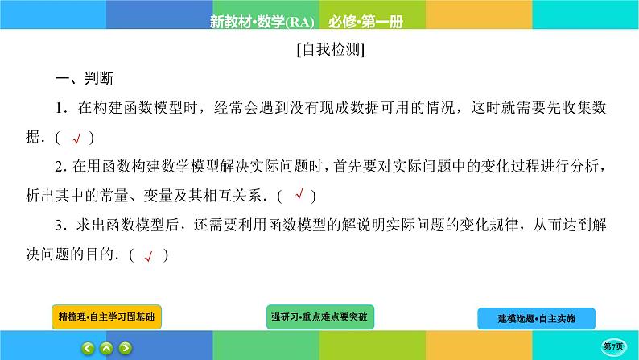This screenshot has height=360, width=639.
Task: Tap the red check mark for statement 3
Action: tap(148, 257)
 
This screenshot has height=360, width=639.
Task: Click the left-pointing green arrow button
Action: tap(88, 348)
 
